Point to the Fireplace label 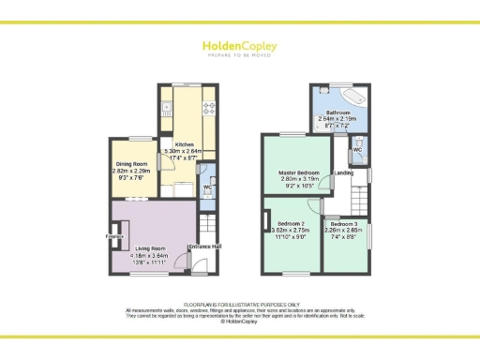coord(114,236)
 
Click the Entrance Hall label coord(204,247)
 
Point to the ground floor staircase coord(208,227)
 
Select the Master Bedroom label coord(300,174)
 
